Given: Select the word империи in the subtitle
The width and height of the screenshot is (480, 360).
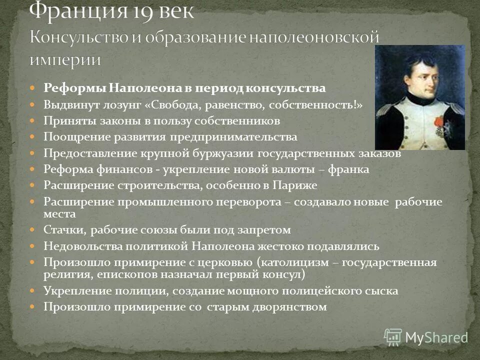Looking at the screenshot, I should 65,59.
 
